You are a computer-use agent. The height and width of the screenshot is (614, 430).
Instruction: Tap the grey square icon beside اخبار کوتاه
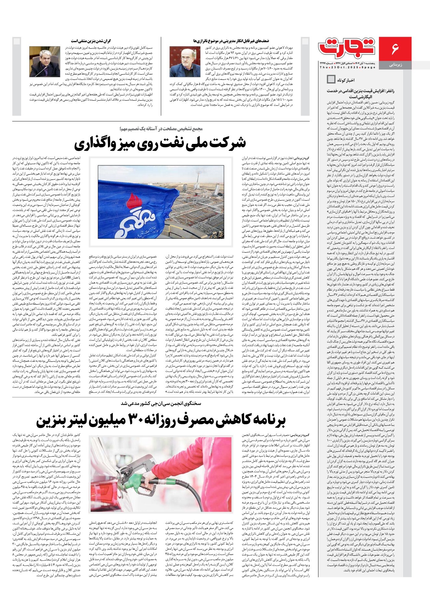331,79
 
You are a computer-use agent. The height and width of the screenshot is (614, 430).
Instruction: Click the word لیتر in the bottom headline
83,420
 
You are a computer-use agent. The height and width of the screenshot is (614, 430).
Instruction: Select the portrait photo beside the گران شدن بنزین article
45,61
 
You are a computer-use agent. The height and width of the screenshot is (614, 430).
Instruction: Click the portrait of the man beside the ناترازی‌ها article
185,61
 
